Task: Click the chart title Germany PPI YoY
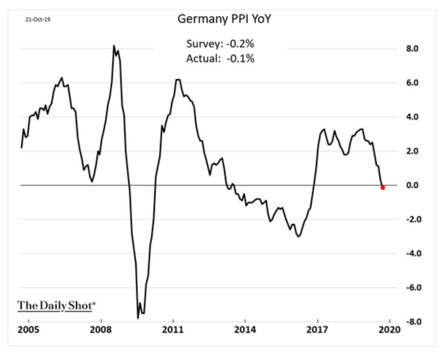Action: [221, 19]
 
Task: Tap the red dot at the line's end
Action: [383, 187]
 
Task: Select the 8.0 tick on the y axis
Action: [413, 48]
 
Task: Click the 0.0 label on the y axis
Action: [413, 185]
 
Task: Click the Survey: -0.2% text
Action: [220, 44]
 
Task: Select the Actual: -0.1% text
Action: [220, 59]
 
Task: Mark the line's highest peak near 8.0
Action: [114, 45]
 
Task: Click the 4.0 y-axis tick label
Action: [413, 117]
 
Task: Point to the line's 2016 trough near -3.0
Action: [298, 236]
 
